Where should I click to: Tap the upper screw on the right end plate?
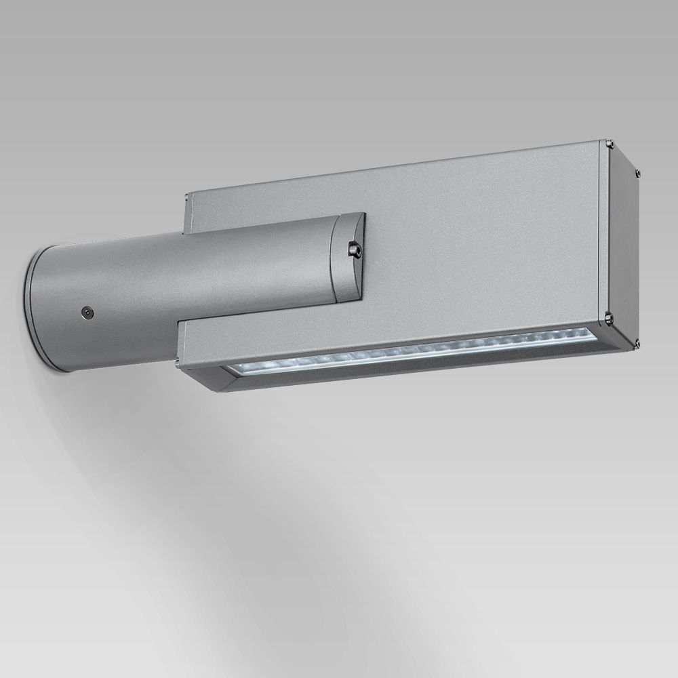click(637, 173)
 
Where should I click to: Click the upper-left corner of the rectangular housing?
click(188, 195)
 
